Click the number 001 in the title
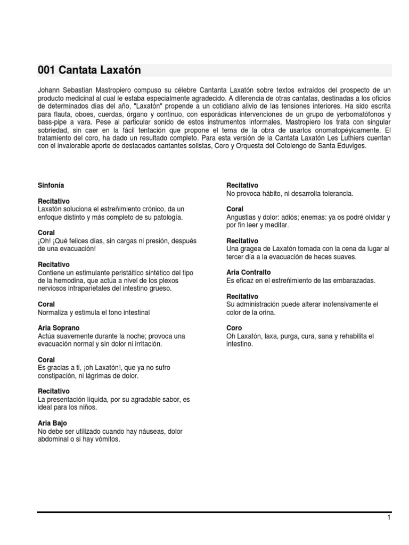(46, 70)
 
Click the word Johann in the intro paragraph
(48, 90)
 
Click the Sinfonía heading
(51, 185)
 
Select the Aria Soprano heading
(59, 328)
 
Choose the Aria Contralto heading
(249, 272)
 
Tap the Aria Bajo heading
(53, 423)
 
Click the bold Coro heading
(234, 328)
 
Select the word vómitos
(108, 440)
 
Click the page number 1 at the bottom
(389, 517)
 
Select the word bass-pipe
(52, 122)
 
